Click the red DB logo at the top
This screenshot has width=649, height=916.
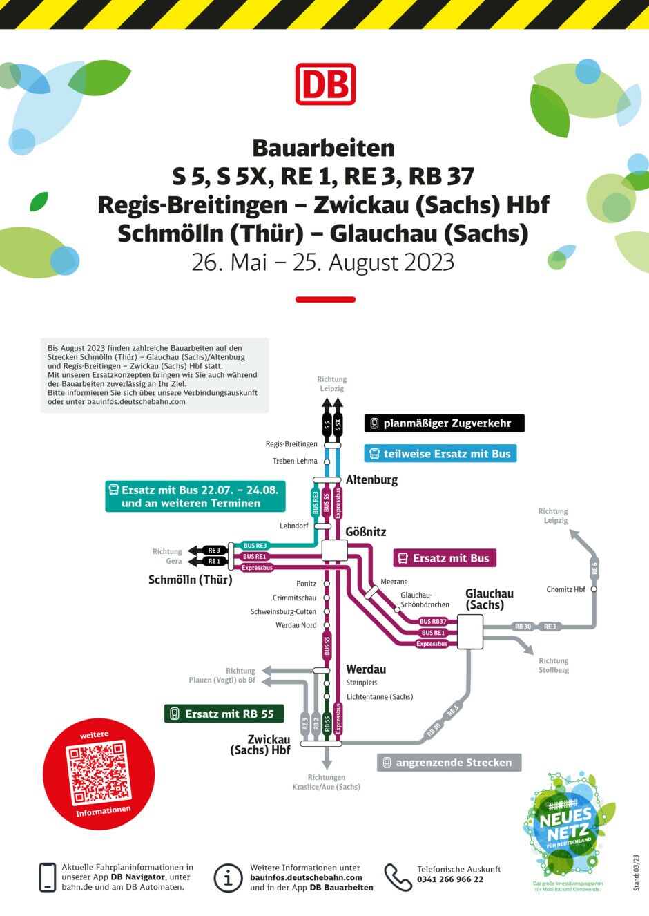(x=325, y=84)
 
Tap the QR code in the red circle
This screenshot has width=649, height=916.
(x=98, y=772)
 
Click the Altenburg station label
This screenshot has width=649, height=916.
(x=371, y=479)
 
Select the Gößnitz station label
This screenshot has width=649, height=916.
(x=366, y=532)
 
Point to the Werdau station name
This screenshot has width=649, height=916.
(x=366, y=669)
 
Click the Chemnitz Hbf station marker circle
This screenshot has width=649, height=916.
(x=594, y=589)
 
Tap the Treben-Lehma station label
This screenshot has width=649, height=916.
(x=295, y=461)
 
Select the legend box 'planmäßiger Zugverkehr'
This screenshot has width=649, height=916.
(x=444, y=423)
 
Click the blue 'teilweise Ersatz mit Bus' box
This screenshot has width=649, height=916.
(x=440, y=454)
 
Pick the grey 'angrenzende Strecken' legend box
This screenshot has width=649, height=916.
(x=449, y=763)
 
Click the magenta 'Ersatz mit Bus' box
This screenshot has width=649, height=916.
(x=445, y=558)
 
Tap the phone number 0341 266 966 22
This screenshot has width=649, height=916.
(x=450, y=879)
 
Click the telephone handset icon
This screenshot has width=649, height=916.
(x=398, y=877)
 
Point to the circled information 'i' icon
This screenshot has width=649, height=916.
(x=228, y=878)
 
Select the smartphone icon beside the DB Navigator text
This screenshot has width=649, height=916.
(x=48, y=877)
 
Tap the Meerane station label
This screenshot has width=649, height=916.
(x=394, y=582)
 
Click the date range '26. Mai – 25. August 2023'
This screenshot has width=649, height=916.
(x=323, y=263)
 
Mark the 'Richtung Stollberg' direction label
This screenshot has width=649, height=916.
(x=554, y=665)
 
